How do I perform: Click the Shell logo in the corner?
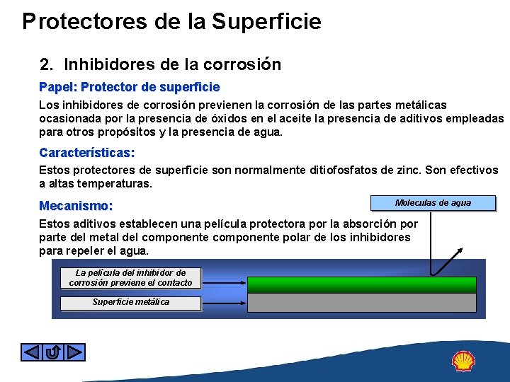pyautogui.click(x=463, y=361)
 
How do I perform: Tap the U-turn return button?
pyautogui.click(x=53, y=352)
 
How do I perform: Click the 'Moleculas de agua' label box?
pyautogui.click(x=432, y=204)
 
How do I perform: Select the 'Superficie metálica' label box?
pyautogui.click(x=130, y=303)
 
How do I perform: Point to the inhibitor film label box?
pyautogui.click(x=130, y=278)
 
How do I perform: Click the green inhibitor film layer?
pyautogui.click(x=361, y=284)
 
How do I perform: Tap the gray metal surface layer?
pyautogui.click(x=361, y=303)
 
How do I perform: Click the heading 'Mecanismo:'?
pyautogui.click(x=76, y=207)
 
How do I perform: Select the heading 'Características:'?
pyautogui.click(x=87, y=153)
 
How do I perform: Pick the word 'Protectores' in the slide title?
pyautogui.click(x=84, y=21)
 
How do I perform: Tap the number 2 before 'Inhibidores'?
pyautogui.click(x=45, y=65)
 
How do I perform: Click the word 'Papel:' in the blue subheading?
pyautogui.click(x=58, y=87)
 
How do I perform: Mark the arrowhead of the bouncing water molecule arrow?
pyautogui.click(x=462, y=249)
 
